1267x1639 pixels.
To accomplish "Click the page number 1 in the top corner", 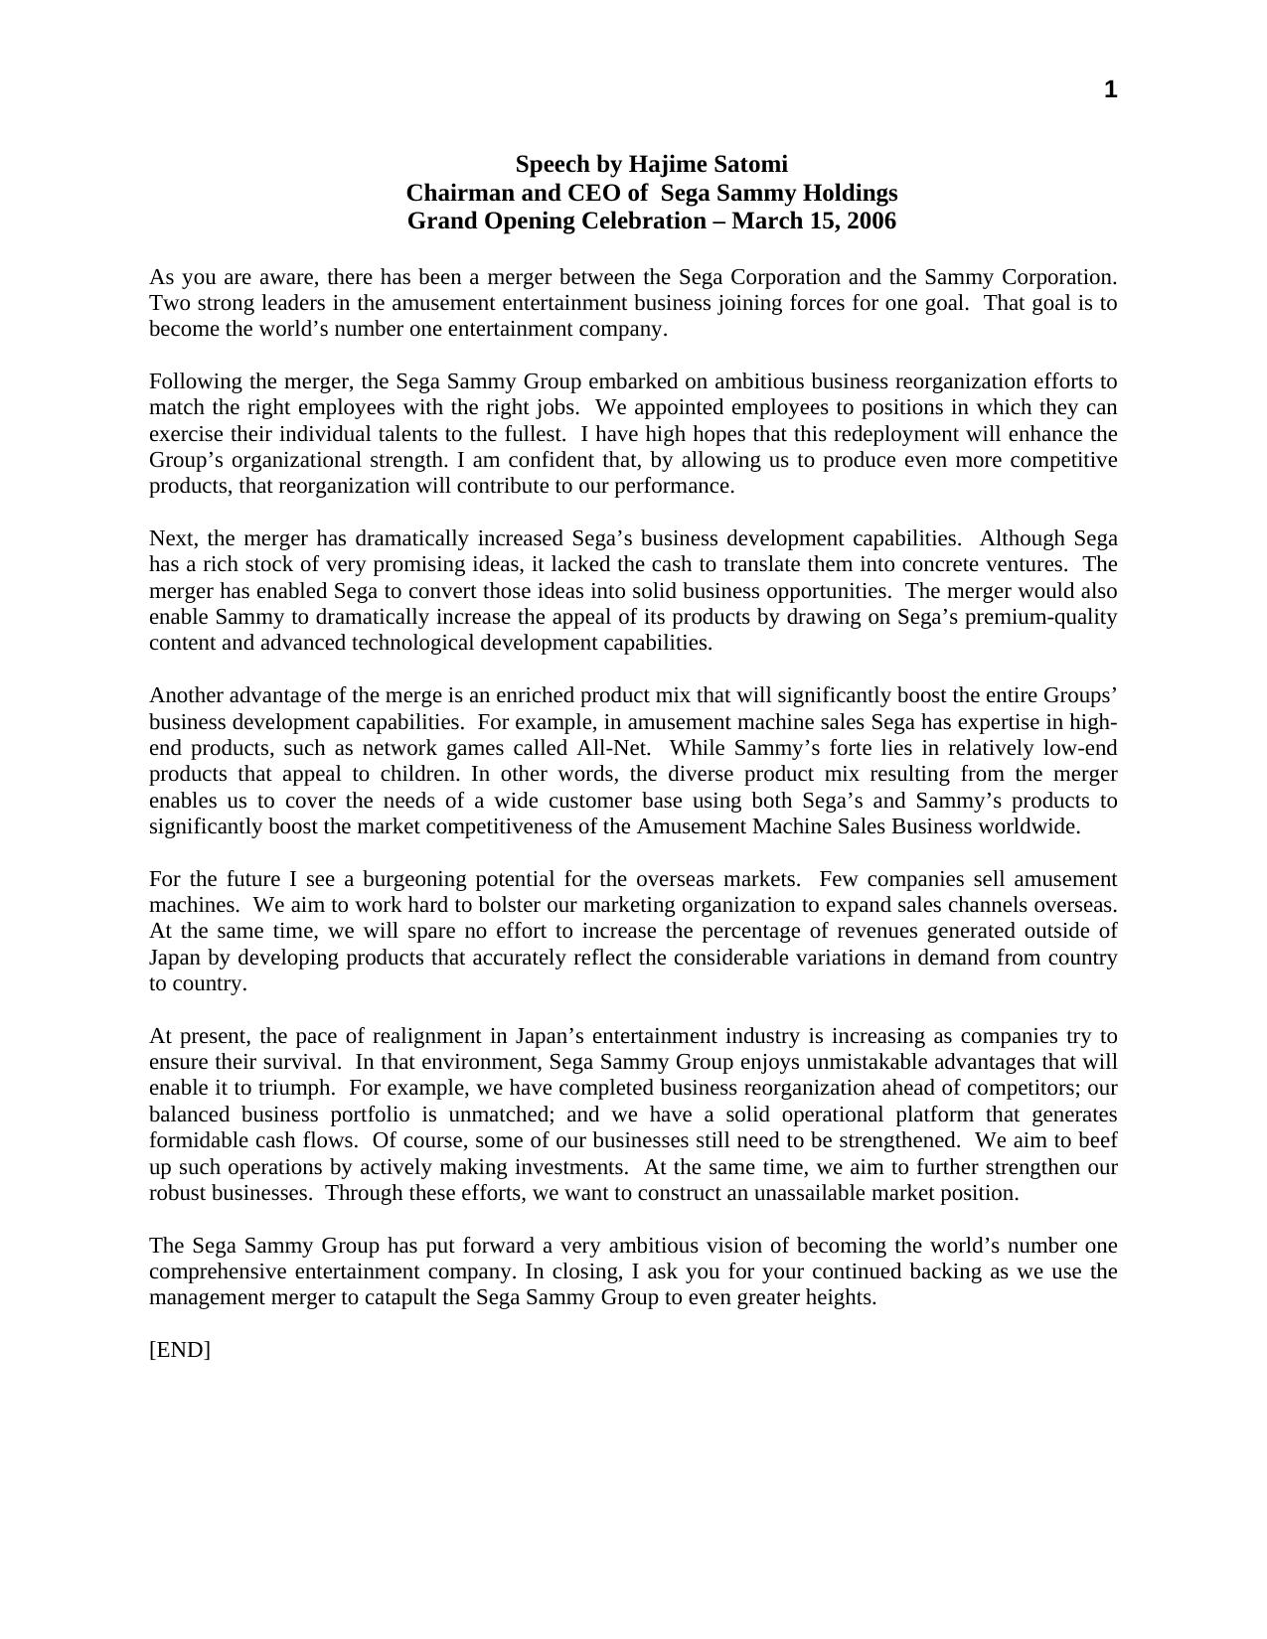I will pos(1110,90).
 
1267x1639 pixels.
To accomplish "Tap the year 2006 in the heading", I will pos(871,221).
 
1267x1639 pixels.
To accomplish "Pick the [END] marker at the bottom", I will pos(180,1350).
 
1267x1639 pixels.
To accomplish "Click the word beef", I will pos(1098,1140).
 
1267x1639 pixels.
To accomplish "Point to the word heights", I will pos(841,1297).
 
